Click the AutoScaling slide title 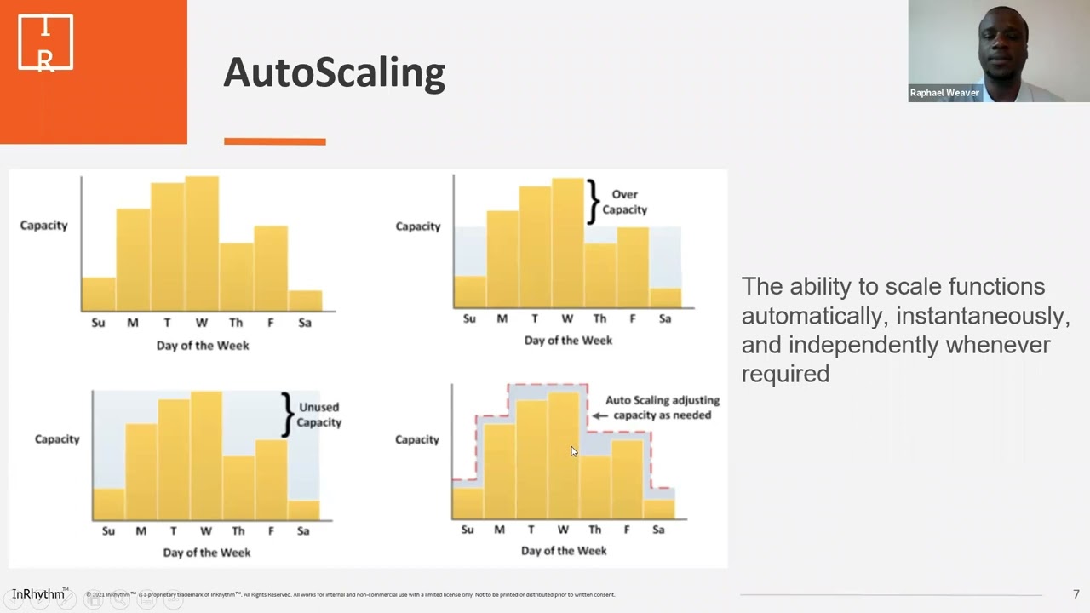pos(334,72)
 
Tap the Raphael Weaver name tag pos(944,93)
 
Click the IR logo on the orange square pos(46,43)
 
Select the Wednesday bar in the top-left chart pos(202,243)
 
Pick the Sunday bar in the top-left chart pos(99,294)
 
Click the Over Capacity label pos(624,202)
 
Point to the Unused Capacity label pos(318,415)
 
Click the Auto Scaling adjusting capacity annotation pos(662,407)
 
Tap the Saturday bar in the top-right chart pos(665,297)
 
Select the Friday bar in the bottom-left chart pos(271,479)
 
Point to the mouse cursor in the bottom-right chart pos(573,451)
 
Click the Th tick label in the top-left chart pos(236,323)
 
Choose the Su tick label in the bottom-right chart pos(467,530)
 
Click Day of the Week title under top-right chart pos(568,340)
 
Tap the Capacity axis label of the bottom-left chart pos(57,438)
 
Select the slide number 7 pos(1076,594)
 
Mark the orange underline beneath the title pos(274,141)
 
